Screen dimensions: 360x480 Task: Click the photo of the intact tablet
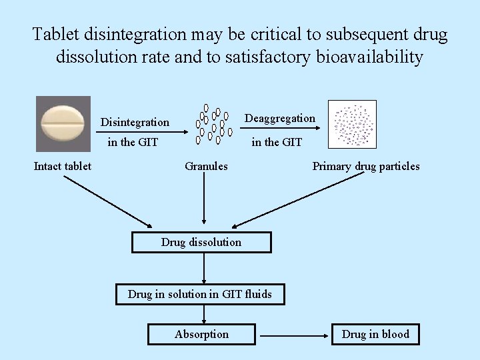point(63,124)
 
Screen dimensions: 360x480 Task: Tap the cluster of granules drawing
point(212,124)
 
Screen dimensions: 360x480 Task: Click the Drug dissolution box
point(201,242)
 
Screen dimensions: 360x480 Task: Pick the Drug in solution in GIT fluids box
point(200,294)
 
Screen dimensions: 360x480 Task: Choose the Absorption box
point(201,334)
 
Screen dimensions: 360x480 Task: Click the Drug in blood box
point(375,334)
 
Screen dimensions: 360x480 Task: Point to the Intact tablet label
point(63,166)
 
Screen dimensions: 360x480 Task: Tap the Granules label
point(206,166)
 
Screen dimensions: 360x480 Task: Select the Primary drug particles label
point(366,166)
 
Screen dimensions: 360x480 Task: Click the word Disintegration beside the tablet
point(135,122)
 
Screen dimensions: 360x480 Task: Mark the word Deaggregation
point(280,118)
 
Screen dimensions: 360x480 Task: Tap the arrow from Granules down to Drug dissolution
point(204,200)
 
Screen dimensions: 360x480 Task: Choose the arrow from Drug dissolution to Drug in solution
point(204,269)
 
